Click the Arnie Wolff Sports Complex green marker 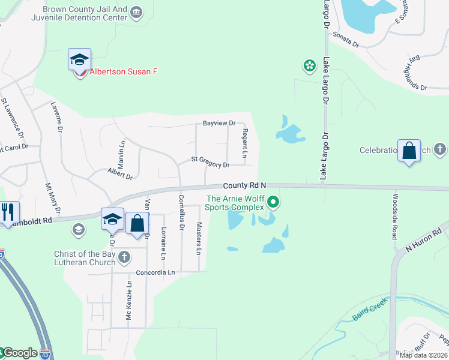pos(273,202)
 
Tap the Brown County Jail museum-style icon pos(136,12)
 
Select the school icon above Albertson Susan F pos(79,59)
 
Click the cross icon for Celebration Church pos(439,149)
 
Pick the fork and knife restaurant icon pos(8,212)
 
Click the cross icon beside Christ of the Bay pos(124,258)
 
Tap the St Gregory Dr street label pos(210,161)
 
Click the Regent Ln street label pos(245,143)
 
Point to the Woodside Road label pos(395,216)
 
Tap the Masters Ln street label pos(199,238)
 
